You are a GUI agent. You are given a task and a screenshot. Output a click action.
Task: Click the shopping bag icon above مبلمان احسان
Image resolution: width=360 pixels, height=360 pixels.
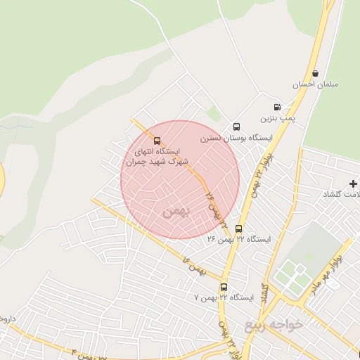(x=315, y=73)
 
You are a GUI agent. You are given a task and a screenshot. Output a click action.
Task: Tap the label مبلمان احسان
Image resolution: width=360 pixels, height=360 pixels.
(x=316, y=84)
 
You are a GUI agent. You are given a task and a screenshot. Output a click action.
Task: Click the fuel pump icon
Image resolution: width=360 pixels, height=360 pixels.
(x=277, y=108)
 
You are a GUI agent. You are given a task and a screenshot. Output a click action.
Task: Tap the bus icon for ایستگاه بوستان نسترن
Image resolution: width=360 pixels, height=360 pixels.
(x=236, y=127)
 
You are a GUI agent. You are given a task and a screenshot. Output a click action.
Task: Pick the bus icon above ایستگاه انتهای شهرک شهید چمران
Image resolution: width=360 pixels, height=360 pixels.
(x=157, y=140)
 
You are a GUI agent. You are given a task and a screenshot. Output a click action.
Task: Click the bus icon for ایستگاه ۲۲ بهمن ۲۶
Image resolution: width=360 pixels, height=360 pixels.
(x=238, y=229)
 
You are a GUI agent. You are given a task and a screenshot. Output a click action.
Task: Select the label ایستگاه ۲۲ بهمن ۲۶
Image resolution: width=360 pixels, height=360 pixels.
(x=238, y=239)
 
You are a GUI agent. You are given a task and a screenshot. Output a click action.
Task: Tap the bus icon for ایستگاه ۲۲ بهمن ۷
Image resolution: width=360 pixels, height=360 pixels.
(x=224, y=287)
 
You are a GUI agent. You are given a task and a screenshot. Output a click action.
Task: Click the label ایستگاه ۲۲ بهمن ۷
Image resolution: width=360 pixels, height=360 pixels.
(x=223, y=297)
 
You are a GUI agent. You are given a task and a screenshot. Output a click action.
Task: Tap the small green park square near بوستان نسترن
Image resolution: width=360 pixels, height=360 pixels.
(x=214, y=113)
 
